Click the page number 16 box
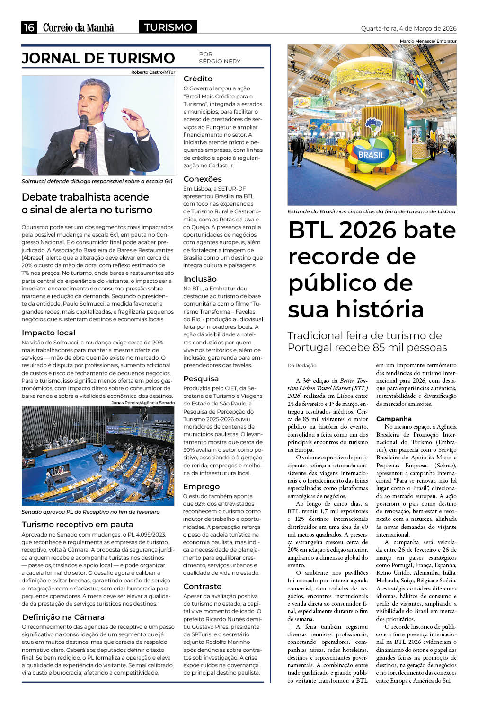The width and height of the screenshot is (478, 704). tap(29, 27)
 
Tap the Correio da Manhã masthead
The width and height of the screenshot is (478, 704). tap(79, 27)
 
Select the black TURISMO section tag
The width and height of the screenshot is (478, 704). tap(168, 27)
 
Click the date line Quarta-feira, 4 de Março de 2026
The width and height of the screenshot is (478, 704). tap(408, 28)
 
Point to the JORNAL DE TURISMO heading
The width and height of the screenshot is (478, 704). tap(98, 58)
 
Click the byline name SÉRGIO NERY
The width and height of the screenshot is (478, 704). tap(220, 62)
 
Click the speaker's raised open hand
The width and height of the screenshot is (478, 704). tap(133, 120)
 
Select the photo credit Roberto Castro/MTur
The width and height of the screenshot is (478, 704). tap(153, 72)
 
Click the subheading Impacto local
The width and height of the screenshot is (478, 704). tap(48, 333)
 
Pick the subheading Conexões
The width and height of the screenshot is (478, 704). tap(203, 179)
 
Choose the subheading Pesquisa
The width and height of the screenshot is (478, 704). tap(201, 378)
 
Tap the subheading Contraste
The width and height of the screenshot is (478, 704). tap(202, 586)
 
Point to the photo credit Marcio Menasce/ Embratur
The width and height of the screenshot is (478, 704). tap(428, 41)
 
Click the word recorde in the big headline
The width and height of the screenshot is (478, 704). tap(352, 256)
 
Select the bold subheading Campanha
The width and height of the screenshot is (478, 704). tap(394, 419)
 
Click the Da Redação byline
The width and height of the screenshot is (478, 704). tap(301, 365)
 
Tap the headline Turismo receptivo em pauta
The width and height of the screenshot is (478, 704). tap(77, 524)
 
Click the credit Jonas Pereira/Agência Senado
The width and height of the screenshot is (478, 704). tap(142, 403)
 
